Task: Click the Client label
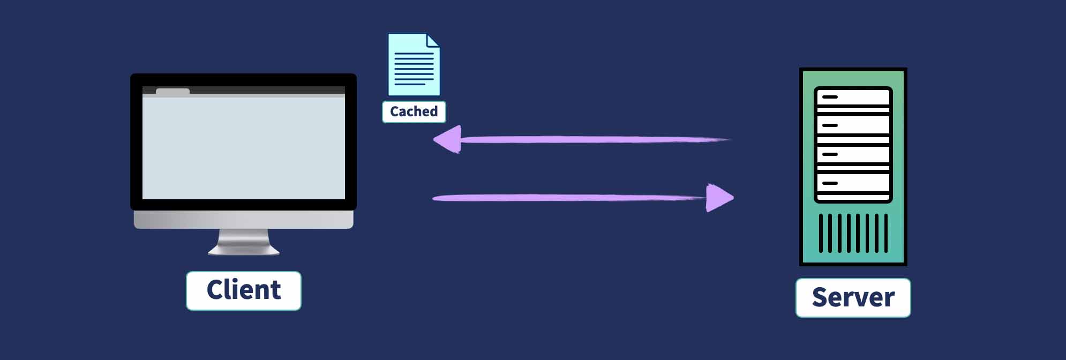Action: [244, 290]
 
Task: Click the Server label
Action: [853, 297]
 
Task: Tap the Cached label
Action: [414, 111]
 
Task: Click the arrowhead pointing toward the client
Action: [448, 140]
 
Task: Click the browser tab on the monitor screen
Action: [172, 92]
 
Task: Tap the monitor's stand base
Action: [244, 249]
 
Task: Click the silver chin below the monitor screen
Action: [244, 220]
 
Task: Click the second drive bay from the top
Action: [853, 126]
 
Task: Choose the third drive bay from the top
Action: [853, 155]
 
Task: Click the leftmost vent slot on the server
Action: [821, 233]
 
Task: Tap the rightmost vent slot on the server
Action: [886, 233]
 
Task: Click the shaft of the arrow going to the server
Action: [568, 198]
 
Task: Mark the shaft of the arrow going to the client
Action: [589, 140]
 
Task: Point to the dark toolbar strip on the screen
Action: [268, 90]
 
